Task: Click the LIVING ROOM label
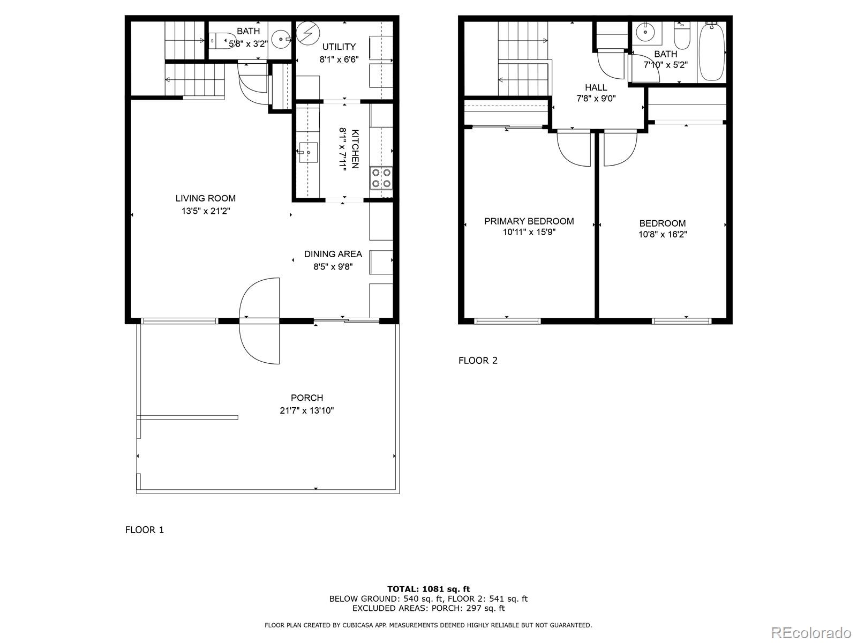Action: [206, 198]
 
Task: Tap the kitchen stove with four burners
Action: [381, 178]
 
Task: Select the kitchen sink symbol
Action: [308, 153]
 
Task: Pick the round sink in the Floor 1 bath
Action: [281, 39]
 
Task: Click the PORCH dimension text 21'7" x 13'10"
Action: [307, 411]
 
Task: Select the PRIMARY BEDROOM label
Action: [529, 221]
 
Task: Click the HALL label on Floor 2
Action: [596, 87]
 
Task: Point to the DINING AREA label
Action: [333, 254]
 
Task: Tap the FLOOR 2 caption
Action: [478, 361]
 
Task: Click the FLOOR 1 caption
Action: [144, 530]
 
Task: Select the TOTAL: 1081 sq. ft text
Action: [428, 589]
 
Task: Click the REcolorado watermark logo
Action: [811, 632]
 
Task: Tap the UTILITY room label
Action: [339, 47]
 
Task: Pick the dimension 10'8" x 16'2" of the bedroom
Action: [663, 235]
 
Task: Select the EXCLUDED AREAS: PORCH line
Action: [428, 608]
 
